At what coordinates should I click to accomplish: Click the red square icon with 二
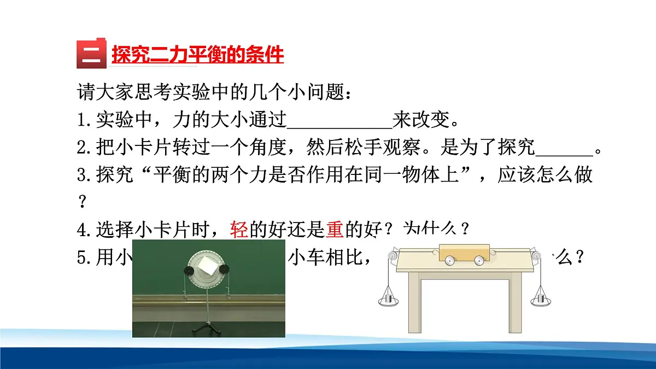91,54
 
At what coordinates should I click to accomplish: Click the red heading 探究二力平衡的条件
197,55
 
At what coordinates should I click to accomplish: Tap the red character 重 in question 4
335,230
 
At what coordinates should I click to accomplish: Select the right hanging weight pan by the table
540,298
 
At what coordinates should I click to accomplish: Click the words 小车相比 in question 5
323,256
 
